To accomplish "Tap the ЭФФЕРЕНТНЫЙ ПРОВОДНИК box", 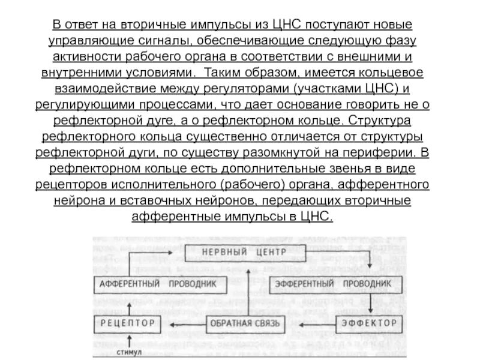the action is pos(333,283).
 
